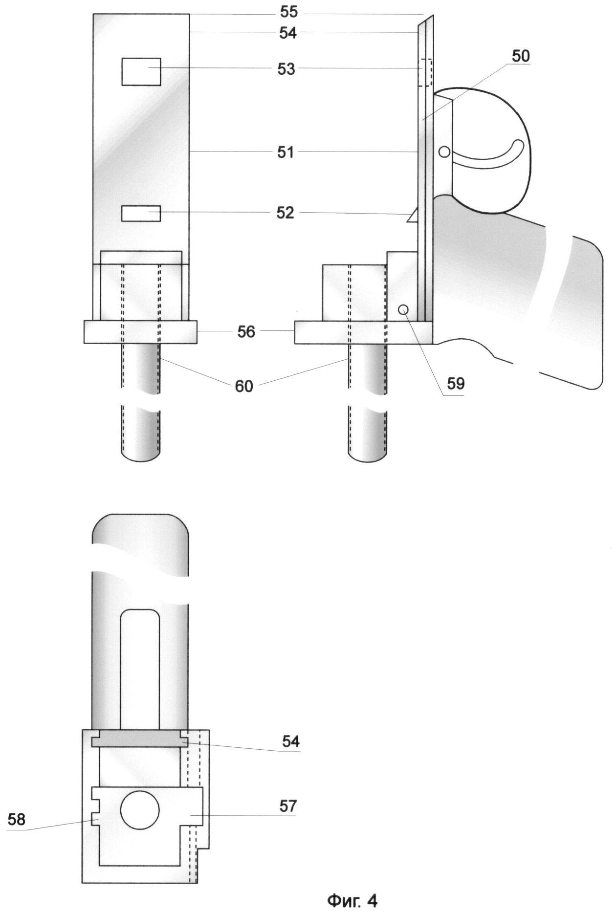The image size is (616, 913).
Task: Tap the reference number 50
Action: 521,56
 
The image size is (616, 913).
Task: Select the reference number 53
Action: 286,69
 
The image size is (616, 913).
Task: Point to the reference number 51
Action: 286,152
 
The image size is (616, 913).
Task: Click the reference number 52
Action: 286,213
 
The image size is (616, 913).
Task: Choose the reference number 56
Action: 246,331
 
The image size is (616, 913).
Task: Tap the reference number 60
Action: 244,386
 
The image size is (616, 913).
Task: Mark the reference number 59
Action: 456,384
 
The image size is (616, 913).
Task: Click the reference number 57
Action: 288,805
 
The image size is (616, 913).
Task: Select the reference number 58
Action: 16,819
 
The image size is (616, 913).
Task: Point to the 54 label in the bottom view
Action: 290,741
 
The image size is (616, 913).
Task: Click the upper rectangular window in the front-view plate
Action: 141,71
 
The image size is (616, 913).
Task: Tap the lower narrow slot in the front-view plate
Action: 141,214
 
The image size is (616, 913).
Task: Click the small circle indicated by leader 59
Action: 403,309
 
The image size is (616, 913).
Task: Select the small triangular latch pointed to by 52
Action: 413,215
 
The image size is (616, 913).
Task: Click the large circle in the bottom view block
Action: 140,810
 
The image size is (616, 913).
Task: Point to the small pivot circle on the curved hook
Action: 444,152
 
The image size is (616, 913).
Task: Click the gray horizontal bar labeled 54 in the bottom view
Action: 140,739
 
